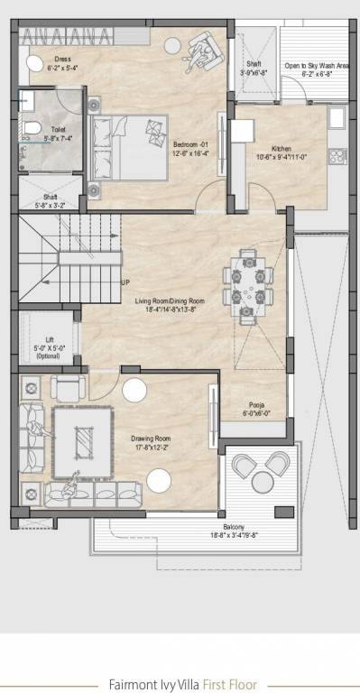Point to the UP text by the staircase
click(125, 282)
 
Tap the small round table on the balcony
click(260, 477)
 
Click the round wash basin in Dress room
click(33, 63)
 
